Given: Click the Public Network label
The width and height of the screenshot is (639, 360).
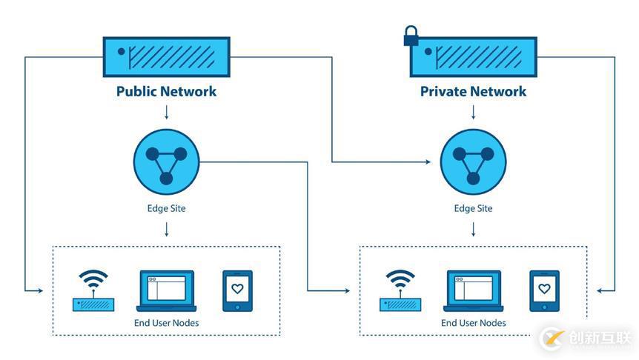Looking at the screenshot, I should click(166, 91).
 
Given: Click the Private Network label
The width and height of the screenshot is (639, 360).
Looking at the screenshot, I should click(473, 91).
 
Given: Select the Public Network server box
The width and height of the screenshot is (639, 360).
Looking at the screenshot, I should click(166, 56).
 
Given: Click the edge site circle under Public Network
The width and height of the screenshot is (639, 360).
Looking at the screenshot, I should click(166, 162).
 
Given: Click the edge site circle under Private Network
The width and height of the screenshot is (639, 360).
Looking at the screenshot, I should click(473, 162).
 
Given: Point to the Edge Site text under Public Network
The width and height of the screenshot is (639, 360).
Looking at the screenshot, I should click(166, 208).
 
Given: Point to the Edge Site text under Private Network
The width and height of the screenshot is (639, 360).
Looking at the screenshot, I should click(473, 208).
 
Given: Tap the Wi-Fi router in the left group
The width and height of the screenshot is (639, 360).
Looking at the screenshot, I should click(93, 290).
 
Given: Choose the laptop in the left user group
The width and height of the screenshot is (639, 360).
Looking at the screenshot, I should click(165, 290).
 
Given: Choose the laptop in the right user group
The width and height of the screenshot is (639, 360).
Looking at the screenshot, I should click(473, 290).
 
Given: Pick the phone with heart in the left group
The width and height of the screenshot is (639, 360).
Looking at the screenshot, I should click(237, 290).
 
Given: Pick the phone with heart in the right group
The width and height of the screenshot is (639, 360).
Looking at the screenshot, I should click(544, 290).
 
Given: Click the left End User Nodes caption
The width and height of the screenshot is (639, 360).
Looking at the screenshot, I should click(165, 323).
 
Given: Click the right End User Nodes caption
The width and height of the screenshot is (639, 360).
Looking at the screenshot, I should click(473, 323).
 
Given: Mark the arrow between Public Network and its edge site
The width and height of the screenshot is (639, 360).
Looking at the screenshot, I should click(166, 112).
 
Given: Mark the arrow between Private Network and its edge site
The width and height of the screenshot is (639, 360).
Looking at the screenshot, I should click(473, 112).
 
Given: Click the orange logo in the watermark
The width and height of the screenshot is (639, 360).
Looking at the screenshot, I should click(552, 339).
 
